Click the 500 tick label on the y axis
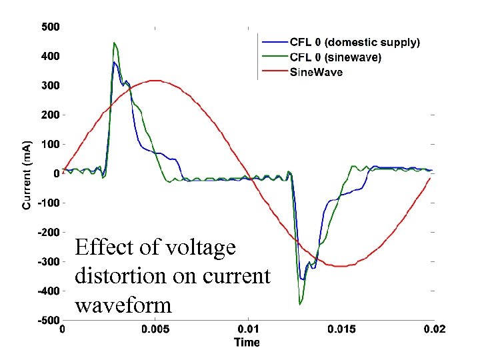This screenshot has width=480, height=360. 51,27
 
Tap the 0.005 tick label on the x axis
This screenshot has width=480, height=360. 155,329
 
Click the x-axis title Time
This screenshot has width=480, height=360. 247,343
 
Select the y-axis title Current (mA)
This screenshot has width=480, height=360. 27,174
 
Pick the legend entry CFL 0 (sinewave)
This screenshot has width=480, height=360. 335,57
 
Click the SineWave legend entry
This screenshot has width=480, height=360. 316,72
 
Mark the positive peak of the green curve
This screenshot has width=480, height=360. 115,43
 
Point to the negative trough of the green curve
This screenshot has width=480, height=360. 300,304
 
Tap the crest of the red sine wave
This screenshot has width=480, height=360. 155,81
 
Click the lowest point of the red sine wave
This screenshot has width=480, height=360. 340,266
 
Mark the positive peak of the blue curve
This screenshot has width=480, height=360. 115,63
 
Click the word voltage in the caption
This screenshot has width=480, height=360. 199,247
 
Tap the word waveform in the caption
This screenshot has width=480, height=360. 123,305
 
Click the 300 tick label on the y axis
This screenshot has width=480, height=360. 51,86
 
